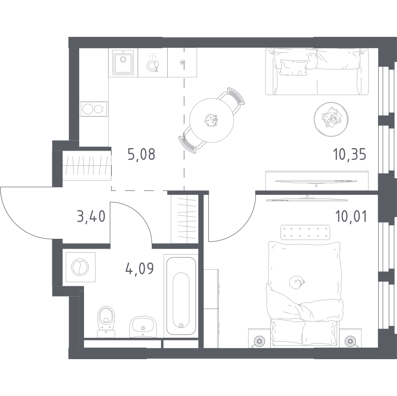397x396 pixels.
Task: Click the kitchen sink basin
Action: (x=123, y=63)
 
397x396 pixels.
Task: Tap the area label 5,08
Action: (x=141, y=154)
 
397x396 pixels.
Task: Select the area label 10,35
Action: (x=350, y=154)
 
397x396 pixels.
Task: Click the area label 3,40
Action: (x=91, y=217)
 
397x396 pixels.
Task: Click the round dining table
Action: (x=212, y=120)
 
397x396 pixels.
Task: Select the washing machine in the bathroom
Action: (x=80, y=267)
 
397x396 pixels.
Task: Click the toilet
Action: (x=106, y=322)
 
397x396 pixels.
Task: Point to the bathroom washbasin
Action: (x=143, y=327)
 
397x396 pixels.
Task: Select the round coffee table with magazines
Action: (x=331, y=119)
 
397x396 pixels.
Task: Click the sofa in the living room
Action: (x=317, y=71)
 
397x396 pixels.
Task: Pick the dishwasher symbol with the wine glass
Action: (x=153, y=63)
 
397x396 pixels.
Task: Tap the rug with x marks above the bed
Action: (x=305, y=232)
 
